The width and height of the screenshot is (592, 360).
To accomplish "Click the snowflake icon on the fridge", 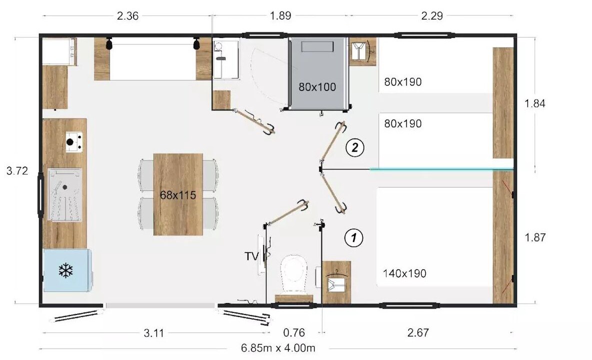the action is pos(65,270).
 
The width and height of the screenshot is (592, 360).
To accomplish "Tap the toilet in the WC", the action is pos(293,274).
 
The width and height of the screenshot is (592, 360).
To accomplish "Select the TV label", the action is pos(251,256).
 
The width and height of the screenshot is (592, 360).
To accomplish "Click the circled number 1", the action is pos(354,237).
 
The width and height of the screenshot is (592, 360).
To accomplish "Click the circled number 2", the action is pos(355,147).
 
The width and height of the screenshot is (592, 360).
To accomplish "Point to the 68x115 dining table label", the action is pos(178,195).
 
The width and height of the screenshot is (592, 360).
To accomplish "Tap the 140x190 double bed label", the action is pos(404,273).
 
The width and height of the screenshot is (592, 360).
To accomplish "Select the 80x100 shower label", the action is pos(317,87).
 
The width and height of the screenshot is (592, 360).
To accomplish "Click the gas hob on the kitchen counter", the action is pos(74,142).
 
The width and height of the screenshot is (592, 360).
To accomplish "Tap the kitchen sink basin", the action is pos(65,194).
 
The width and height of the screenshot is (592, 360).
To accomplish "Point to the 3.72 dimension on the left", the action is pos(17,171).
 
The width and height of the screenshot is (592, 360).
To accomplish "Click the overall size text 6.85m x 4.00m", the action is pos(278,348).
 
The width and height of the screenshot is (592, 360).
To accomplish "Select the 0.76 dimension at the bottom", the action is pos(293,332).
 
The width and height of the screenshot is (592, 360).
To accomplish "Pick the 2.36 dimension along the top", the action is pos(127,16).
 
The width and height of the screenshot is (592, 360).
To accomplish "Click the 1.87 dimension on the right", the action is pos(535,237).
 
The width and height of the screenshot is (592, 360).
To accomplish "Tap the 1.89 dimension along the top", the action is pos(280,16).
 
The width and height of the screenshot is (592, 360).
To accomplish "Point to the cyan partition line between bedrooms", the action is pos(441,169).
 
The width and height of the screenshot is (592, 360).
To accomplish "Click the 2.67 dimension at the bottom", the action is pos(418,332).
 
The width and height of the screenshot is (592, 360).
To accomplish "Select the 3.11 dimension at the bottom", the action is pos(153,333).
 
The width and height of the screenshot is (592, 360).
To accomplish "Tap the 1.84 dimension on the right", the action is pos(535,103).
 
